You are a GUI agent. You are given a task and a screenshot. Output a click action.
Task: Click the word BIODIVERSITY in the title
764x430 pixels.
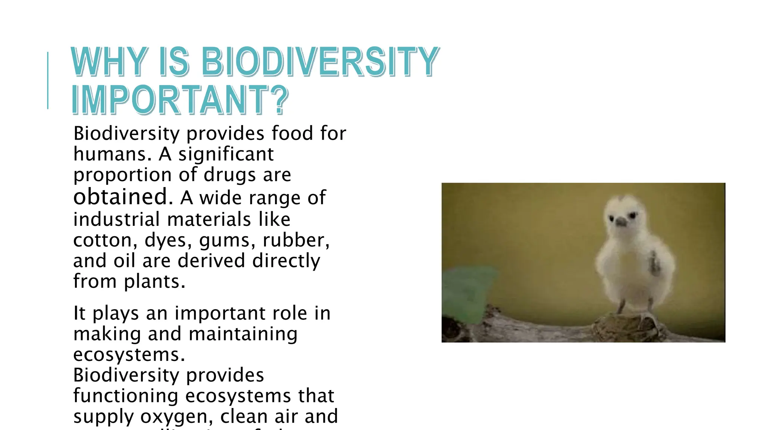coord(320,62)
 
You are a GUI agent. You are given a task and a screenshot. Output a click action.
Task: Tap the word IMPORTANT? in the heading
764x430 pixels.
coord(180,100)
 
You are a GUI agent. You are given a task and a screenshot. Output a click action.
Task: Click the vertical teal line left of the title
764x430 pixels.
coord(48,80)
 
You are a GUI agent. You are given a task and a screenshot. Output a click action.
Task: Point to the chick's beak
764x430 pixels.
coord(621,223)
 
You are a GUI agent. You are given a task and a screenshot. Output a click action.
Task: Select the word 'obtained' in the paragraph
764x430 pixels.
coord(120,197)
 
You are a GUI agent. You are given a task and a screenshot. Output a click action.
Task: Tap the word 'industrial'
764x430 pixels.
coord(116,219)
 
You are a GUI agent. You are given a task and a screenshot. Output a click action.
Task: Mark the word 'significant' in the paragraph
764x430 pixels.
coord(226,155)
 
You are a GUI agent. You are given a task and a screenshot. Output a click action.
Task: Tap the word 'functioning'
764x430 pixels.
coord(126,396)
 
